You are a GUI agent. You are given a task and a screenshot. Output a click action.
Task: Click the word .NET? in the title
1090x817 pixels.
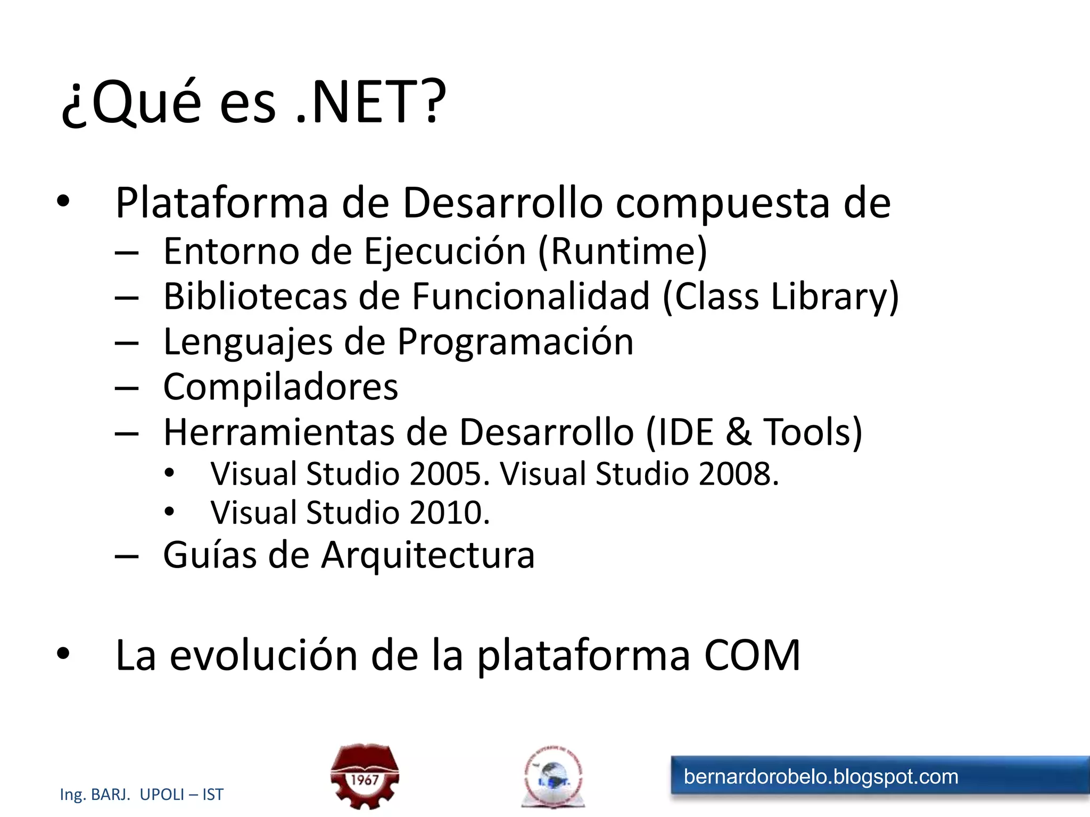370,102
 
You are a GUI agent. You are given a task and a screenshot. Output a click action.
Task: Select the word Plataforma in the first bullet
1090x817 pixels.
222,203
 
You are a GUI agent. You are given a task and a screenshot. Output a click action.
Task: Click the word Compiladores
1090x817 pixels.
280,387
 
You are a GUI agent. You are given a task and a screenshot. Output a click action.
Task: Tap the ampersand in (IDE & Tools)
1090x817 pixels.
738,432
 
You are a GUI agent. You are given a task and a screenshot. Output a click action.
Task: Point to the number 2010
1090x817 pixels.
449,513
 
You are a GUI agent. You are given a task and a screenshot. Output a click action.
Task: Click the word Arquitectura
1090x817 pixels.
428,555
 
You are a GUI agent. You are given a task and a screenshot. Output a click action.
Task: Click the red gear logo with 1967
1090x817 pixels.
365,776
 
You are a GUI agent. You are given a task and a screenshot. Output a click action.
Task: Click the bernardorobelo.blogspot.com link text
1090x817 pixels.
821,777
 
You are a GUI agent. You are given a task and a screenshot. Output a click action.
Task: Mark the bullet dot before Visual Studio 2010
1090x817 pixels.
169,512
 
